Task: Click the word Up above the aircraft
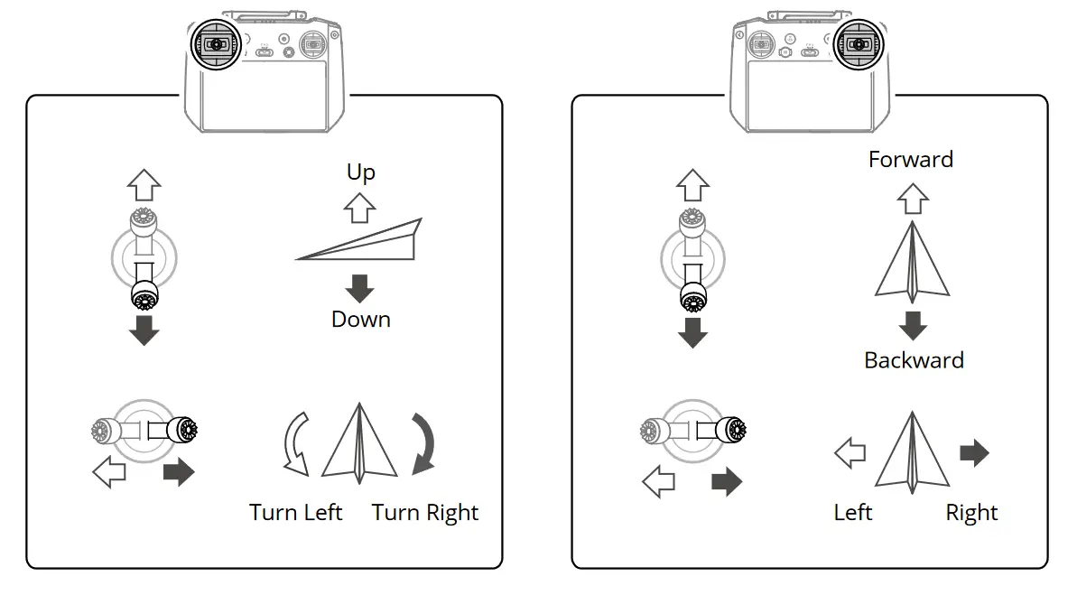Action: (x=360, y=172)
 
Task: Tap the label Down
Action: (x=360, y=319)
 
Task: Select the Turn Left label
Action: (x=295, y=513)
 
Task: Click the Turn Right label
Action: (x=424, y=513)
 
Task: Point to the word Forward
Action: (x=910, y=160)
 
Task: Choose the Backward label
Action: (x=914, y=360)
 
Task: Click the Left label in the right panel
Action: (x=852, y=513)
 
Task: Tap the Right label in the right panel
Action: (x=971, y=513)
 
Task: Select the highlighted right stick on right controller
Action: (x=859, y=44)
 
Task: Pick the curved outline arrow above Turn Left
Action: (x=296, y=443)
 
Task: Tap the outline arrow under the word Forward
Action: (x=913, y=197)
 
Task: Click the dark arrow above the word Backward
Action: (x=913, y=325)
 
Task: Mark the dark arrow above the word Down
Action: (x=360, y=288)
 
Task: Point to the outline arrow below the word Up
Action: (x=360, y=209)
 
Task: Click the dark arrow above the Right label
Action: (x=973, y=452)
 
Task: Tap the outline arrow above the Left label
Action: (x=850, y=452)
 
